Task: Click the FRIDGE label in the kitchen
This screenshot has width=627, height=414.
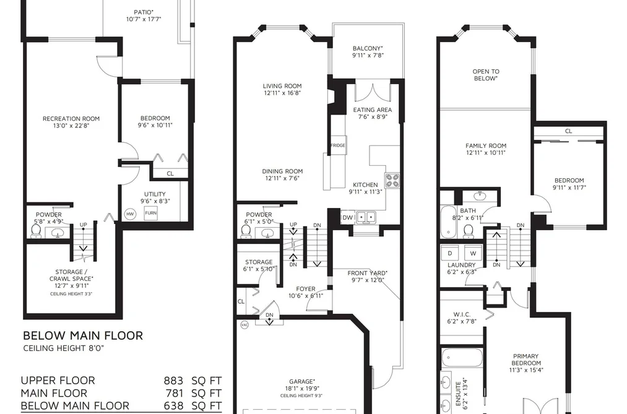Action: (x=337, y=145)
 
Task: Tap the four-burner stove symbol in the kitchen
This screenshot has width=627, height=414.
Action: (x=392, y=180)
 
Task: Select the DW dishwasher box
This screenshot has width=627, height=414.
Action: (x=347, y=217)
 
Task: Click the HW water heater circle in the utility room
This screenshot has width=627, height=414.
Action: (x=131, y=214)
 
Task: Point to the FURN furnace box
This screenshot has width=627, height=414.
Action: (x=151, y=213)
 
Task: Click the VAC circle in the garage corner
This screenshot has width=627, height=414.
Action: (x=244, y=325)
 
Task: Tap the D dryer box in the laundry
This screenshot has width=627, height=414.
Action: (x=450, y=253)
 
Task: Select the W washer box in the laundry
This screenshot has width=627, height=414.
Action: (x=473, y=253)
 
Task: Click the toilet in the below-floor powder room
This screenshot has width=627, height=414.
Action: (x=36, y=231)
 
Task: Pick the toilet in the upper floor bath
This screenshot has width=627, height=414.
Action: (x=469, y=231)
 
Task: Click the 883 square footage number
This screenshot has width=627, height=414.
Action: (x=173, y=381)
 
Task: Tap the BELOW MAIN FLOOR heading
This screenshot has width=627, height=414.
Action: (x=83, y=335)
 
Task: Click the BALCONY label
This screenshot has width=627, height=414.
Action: (x=368, y=48)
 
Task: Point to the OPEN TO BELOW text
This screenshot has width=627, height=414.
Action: (x=486, y=75)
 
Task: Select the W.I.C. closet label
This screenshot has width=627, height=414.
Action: (x=462, y=314)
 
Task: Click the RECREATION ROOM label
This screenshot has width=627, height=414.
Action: (x=71, y=119)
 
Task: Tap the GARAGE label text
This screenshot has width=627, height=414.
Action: (x=302, y=381)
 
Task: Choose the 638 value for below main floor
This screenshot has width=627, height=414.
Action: (x=173, y=405)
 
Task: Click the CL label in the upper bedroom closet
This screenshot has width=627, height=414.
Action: (x=569, y=131)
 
